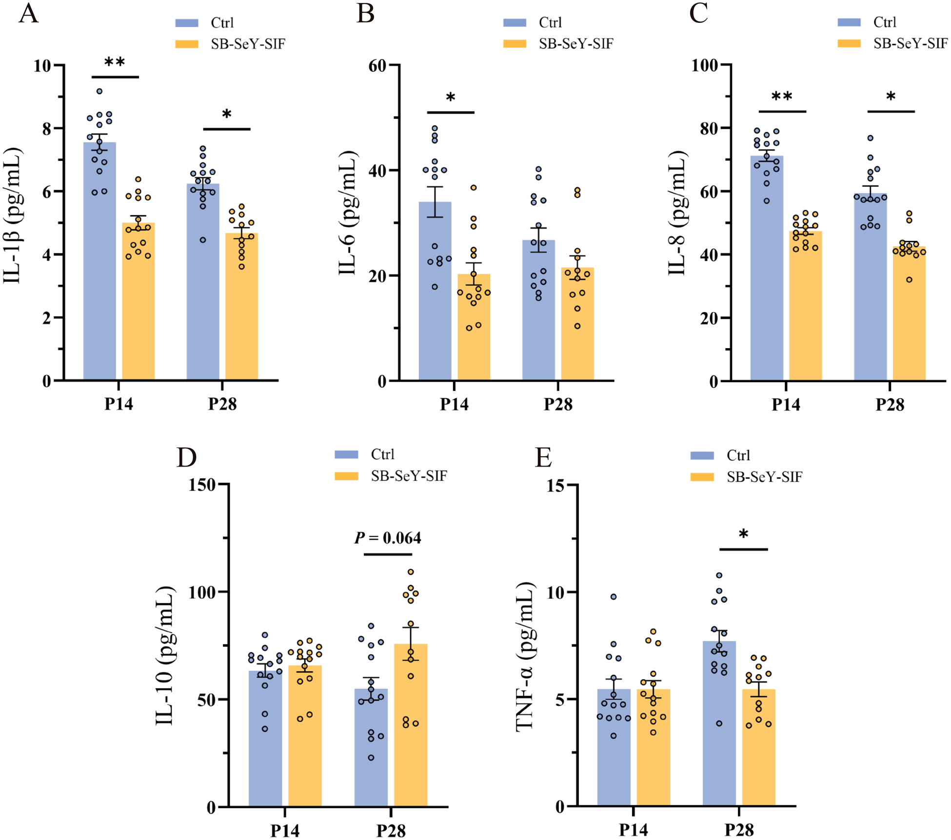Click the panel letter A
(x=28, y=14)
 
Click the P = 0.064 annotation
(x=388, y=538)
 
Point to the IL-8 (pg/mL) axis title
(x=677, y=213)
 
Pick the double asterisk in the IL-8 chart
(x=782, y=97)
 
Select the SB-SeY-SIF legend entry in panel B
(x=575, y=44)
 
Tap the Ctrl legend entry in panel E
(x=738, y=455)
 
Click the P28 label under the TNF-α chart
(x=739, y=829)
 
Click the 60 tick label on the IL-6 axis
(x=377, y=65)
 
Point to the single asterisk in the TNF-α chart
(x=743, y=535)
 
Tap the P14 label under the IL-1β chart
(x=119, y=404)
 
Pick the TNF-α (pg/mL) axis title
(x=525, y=656)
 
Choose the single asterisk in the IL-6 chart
(x=451, y=98)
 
